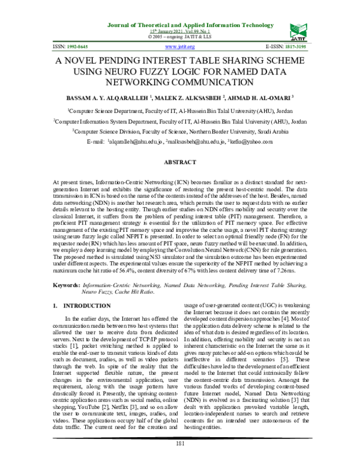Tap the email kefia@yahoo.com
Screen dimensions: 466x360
pyautogui.click(x=251, y=141)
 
